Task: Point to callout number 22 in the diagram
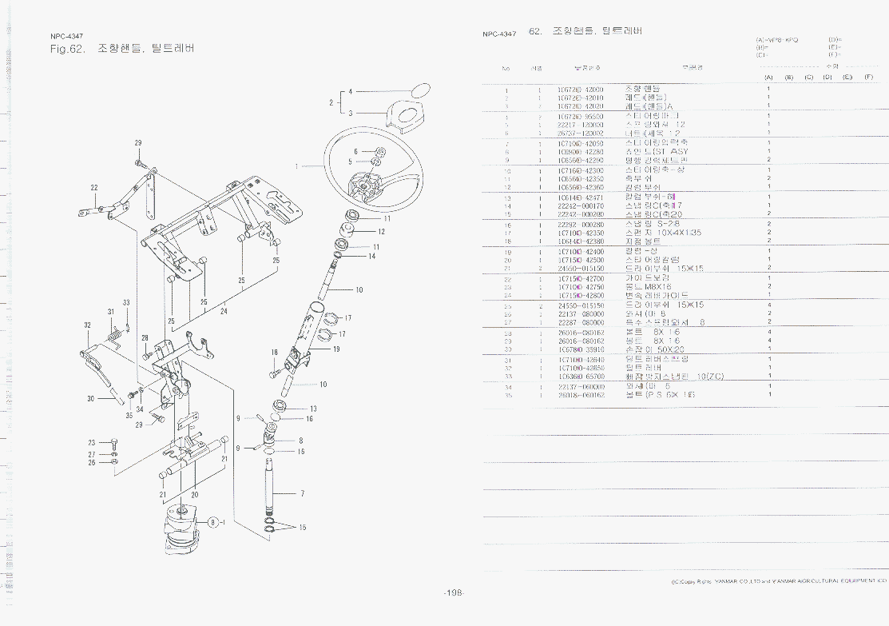click(94, 188)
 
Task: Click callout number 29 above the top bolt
click(138, 143)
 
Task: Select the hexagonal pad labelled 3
click(403, 114)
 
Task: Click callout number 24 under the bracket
click(224, 312)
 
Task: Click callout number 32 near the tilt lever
click(86, 325)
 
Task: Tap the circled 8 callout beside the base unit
click(213, 521)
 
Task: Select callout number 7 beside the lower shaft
click(302, 493)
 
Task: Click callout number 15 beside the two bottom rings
click(303, 527)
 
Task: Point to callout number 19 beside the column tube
click(337, 349)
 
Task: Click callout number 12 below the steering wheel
click(382, 232)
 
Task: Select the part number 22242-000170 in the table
click(580, 205)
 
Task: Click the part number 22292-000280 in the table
click(580, 225)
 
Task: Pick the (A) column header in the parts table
click(768, 77)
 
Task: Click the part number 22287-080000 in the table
click(580, 322)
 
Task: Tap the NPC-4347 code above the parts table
click(499, 34)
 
